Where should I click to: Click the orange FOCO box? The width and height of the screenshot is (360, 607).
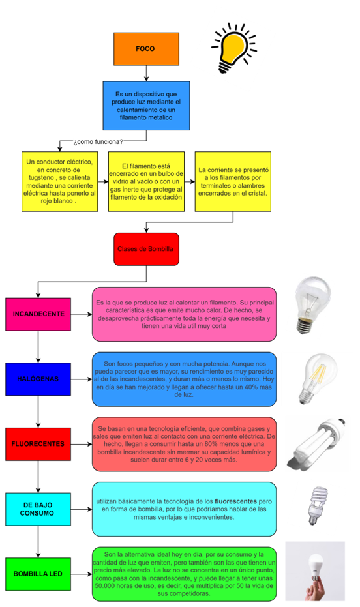[x=145, y=49]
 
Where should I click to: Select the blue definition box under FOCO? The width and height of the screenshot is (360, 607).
[x=145, y=105]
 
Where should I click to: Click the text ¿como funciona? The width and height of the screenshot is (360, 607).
[x=98, y=141]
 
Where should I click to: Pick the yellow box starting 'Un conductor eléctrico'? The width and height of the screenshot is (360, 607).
[x=59, y=181]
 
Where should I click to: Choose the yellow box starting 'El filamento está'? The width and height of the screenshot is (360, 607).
[x=146, y=181]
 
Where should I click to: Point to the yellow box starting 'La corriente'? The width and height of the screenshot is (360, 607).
[x=233, y=181]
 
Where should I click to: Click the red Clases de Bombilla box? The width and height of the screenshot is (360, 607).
[x=145, y=249]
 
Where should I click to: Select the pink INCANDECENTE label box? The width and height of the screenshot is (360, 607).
[x=38, y=314]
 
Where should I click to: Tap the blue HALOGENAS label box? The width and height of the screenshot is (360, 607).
[x=38, y=379]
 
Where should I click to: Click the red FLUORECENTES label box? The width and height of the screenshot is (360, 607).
[x=38, y=444]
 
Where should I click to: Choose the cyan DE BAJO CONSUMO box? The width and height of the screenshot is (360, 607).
[x=38, y=509]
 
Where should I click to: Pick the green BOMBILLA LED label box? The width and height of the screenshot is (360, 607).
[x=38, y=574]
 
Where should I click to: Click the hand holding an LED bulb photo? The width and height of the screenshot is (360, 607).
[x=317, y=572]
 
